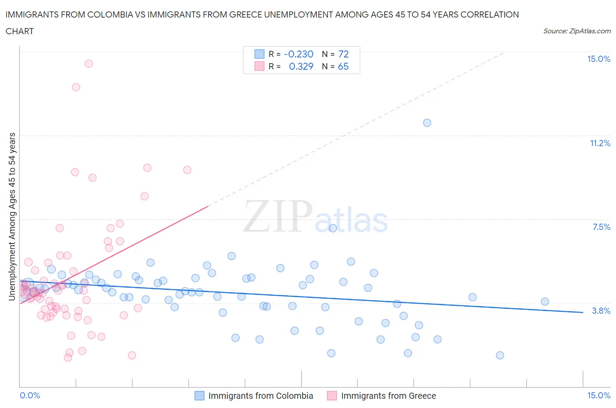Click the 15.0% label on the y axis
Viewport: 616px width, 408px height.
pos(598,59)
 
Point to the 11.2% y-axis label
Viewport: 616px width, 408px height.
pos(600,143)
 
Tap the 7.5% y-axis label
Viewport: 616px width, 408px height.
pos(601,227)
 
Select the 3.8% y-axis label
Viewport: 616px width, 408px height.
pos(601,311)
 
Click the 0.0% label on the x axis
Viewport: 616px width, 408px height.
pos(30,396)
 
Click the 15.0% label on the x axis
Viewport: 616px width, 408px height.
pos(598,396)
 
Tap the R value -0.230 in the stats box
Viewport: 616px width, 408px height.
pos(299,54)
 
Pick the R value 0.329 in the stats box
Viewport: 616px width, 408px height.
pos(301,67)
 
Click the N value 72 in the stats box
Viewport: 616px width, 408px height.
pos(343,54)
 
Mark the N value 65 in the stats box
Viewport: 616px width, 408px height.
pos(343,67)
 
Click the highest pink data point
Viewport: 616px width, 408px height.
pos(89,64)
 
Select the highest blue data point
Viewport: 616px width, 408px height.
pos(427,123)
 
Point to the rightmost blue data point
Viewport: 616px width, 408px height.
pos(545,301)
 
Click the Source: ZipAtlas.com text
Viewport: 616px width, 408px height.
pos(577,31)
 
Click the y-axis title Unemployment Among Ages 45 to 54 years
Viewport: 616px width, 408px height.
pos(12,216)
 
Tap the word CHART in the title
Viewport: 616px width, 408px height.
pos(20,31)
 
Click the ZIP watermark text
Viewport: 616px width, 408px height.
pos(278,217)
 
